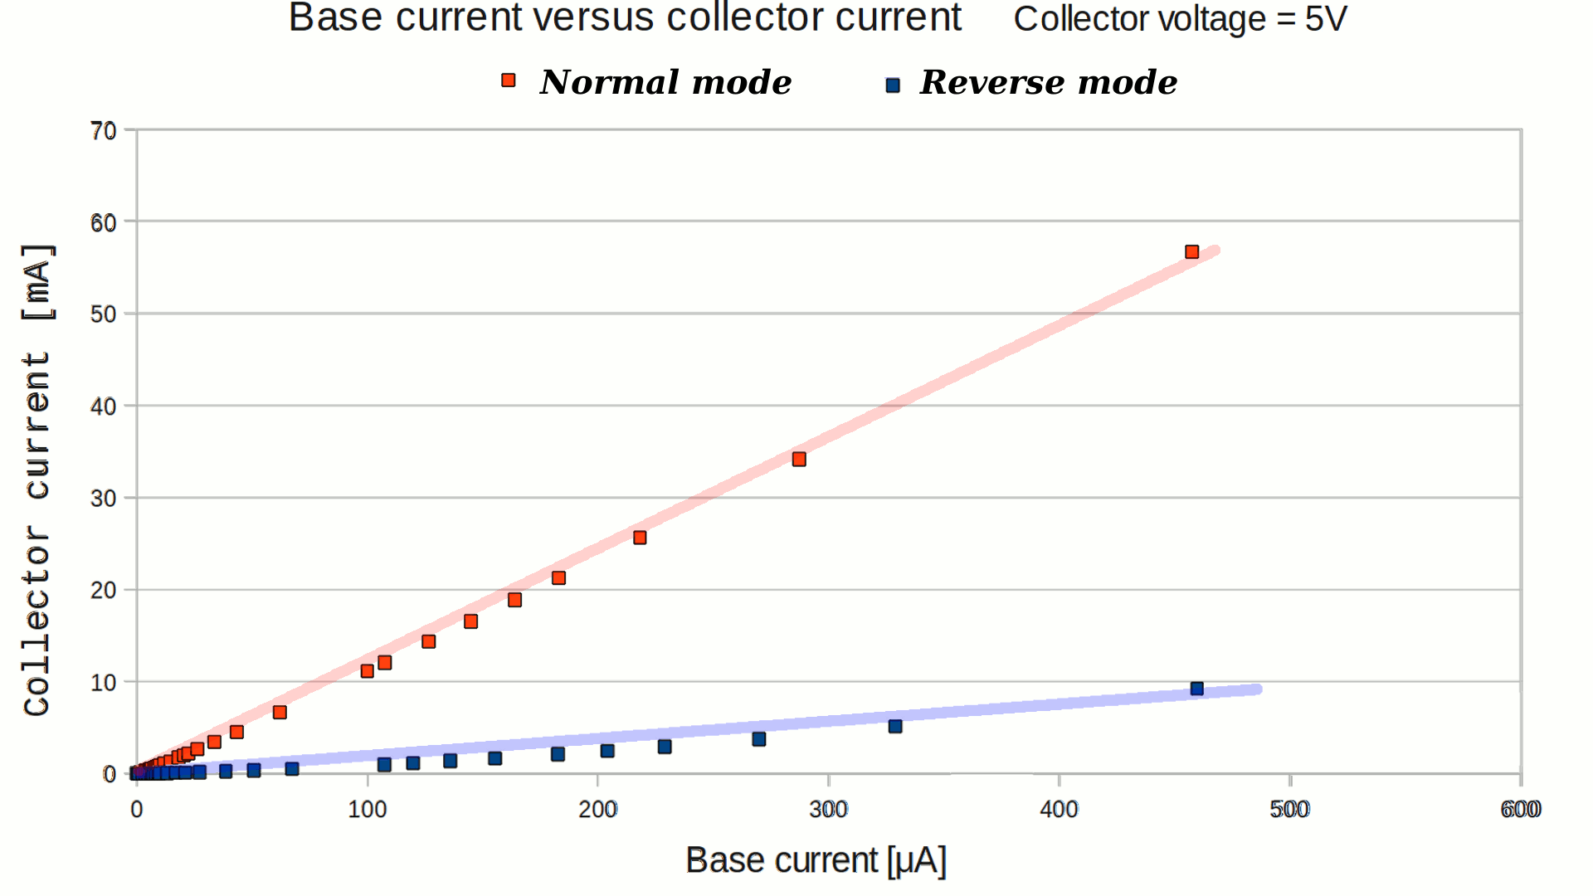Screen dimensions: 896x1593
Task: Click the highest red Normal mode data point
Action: (x=1191, y=252)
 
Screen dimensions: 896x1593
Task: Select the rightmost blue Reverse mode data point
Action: (x=1196, y=689)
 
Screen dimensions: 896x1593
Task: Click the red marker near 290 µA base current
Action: (x=799, y=460)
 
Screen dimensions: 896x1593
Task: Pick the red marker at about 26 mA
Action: (x=640, y=538)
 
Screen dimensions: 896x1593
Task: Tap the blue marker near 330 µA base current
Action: (x=895, y=727)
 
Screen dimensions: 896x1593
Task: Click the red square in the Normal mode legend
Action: (x=509, y=80)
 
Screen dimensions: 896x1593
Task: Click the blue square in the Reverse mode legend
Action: (x=893, y=85)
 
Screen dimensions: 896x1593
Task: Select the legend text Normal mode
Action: (x=665, y=82)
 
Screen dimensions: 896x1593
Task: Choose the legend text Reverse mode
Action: (x=1048, y=82)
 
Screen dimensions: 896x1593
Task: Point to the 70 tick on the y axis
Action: (x=104, y=131)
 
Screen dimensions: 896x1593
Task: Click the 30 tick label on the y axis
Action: (x=104, y=499)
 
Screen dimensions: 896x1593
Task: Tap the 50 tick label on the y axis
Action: (x=104, y=314)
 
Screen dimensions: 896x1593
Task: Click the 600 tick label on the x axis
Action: (x=1520, y=810)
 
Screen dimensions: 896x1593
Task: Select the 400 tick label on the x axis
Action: (x=1059, y=810)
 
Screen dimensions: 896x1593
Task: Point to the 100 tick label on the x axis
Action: (x=367, y=810)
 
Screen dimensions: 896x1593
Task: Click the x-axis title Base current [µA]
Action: (x=816, y=860)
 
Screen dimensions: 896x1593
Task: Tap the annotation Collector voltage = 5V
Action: (x=1180, y=19)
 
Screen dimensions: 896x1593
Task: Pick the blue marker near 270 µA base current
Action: (x=758, y=739)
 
